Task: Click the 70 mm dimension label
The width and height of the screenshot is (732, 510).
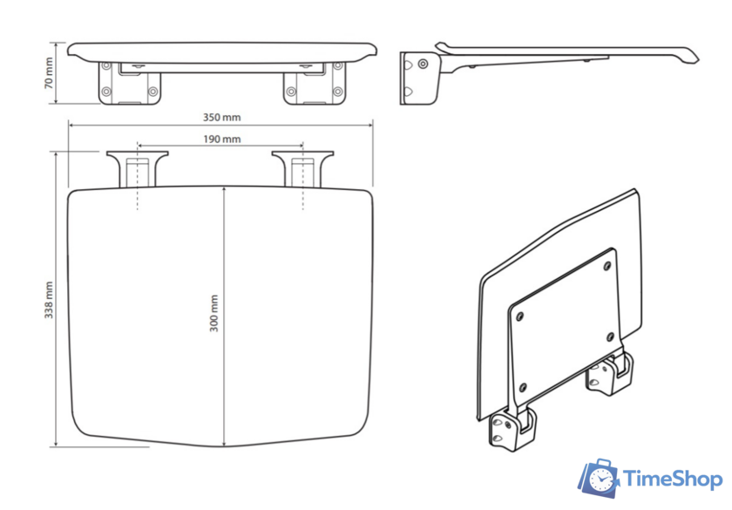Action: pos(49,73)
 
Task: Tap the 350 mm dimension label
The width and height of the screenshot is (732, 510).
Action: pos(221,117)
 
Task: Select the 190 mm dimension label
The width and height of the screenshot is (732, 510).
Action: pos(221,139)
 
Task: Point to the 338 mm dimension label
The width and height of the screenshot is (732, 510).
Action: pos(49,300)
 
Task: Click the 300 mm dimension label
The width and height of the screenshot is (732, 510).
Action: pos(213,313)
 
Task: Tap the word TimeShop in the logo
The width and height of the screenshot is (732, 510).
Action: pos(673,479)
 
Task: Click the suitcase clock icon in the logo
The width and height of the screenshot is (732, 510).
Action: pos(599,478)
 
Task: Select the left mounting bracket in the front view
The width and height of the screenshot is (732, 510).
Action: pos(129,84)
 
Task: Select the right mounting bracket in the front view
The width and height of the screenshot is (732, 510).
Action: pos(315,84)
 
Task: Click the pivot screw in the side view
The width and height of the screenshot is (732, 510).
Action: pos(423,64)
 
